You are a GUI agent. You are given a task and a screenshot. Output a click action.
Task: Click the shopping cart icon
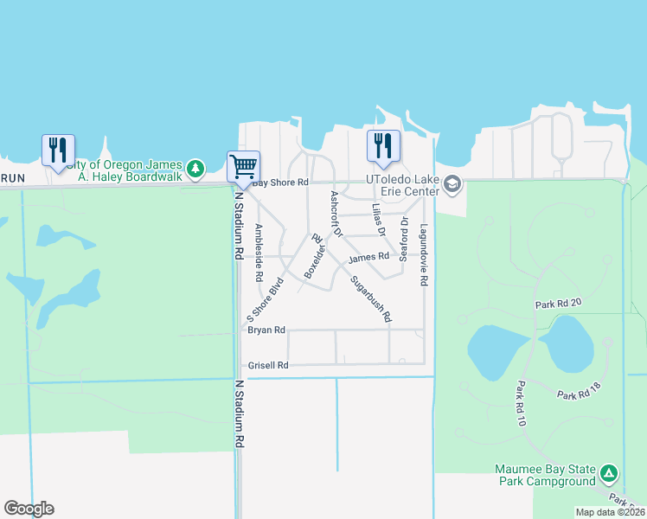pyautogui.click(x=243, y=165)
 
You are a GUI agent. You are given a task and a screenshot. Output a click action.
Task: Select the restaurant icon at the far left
pyautogui.click(x=58, y=150)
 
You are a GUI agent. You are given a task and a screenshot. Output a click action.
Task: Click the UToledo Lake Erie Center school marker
pyautogui.click(x=452, y=183)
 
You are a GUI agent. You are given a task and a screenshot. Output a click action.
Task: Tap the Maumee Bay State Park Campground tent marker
pyautogui.click(x=609, y=474)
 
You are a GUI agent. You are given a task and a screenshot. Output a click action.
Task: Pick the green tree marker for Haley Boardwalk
pyautogui.click(x=197, y=166)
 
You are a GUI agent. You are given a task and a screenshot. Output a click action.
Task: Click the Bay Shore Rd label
pyautogui.click(x=279, y=183)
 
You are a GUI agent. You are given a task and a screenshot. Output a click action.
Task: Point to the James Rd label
pyautogui.click(x=368, y=257)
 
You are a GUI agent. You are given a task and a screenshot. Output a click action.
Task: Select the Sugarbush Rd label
pyautogui.click(x=371, y=298)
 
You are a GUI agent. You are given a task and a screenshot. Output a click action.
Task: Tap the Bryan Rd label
pyautogui.click(x=266, y=330)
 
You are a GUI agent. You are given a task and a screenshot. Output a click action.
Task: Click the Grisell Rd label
pyautogui.click(x=267, y=365)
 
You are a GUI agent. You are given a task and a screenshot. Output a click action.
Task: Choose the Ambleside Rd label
pyautogui.click(x=259, y=253)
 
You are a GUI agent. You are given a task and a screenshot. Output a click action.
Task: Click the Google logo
pyautogui.click(x=29, y=509)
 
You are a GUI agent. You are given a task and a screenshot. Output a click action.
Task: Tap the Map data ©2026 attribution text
pyautogui.click(x=610, y=512)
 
